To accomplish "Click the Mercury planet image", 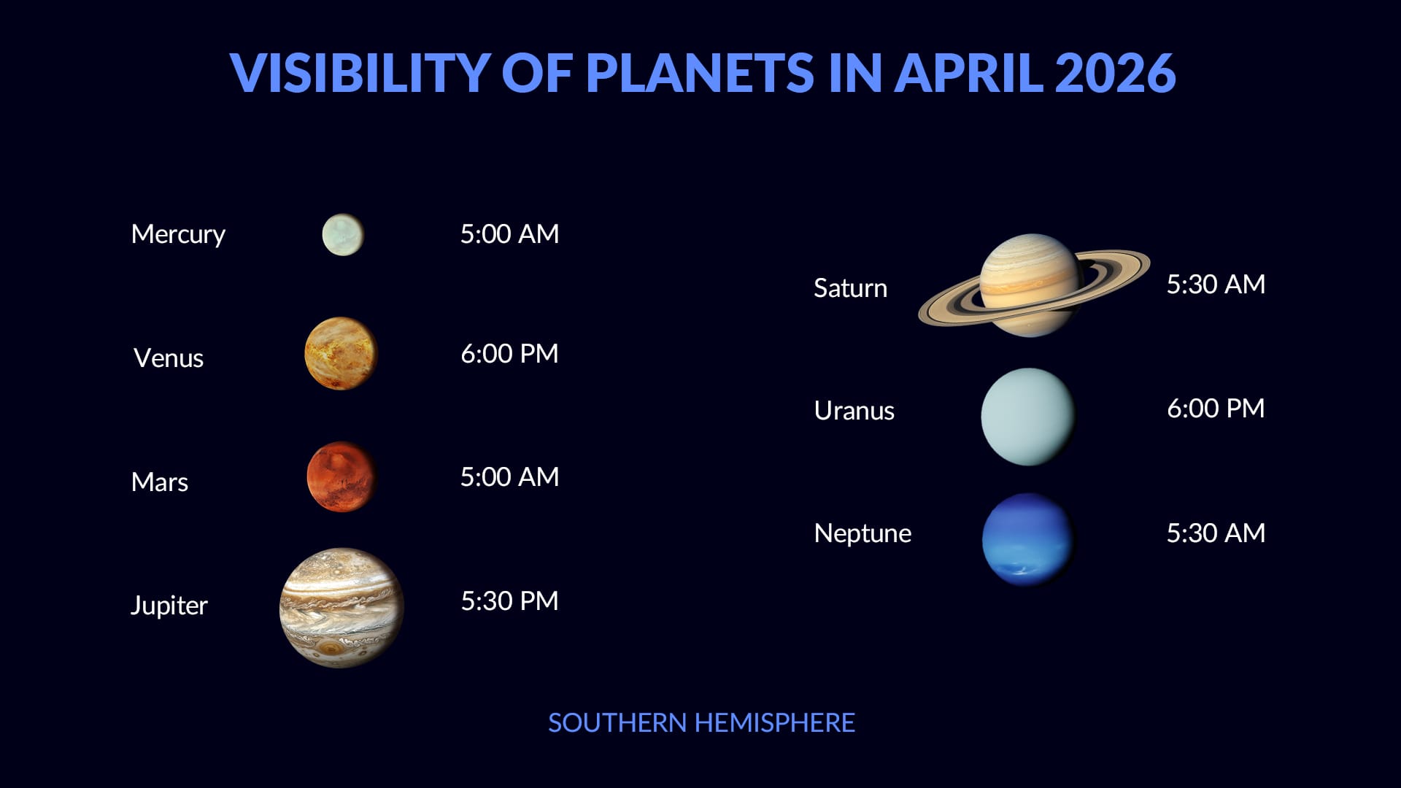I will [x=343, y=235].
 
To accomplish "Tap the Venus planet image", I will [x=341, y=354].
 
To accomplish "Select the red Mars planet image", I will [x=341, y=476].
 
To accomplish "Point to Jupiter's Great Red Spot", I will [x=332, y=649].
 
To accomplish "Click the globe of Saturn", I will [x=1030, y=285].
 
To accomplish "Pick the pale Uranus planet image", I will [x=1028, y=417].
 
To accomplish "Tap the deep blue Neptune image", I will [x=1028, y=540].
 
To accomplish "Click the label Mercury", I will [x=178, y=234].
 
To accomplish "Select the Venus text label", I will [x=169, y=358].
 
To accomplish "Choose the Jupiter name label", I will [x=169, y=606].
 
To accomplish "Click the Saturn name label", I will [x=850, y=288].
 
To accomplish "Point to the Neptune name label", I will [x=862, y=533].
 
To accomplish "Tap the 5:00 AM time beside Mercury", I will [x=509, y=234].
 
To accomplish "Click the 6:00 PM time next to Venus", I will [x=509, y=354].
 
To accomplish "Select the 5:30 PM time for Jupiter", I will [x=509, y=601].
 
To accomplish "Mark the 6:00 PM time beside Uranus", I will [x=1216, y=409].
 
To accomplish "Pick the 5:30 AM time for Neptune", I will [x=1216, y=533].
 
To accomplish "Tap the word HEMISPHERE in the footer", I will [x=774, y=723].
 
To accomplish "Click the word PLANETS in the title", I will [x=700, y=73].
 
